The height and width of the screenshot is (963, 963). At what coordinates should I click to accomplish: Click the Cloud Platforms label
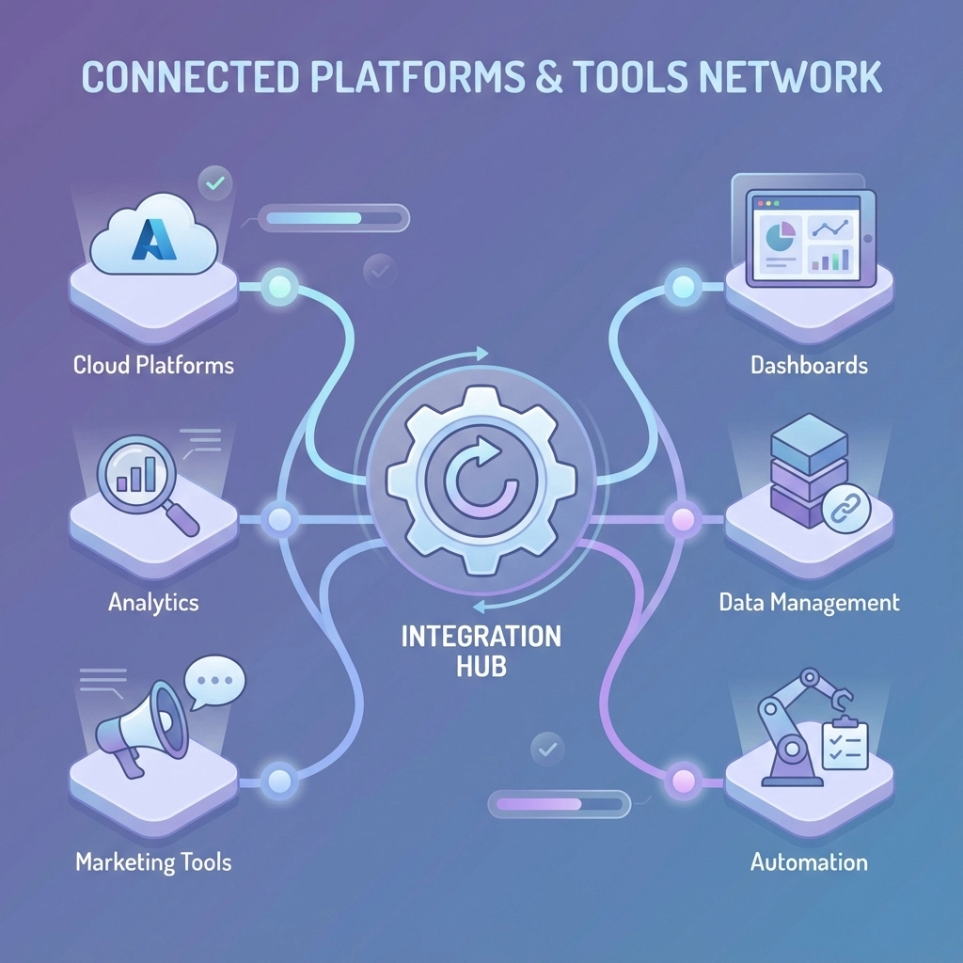click(153, 365)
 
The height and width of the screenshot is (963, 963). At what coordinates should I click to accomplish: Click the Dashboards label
click(809, 365)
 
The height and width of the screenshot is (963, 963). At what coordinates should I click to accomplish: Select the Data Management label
click(809, 602)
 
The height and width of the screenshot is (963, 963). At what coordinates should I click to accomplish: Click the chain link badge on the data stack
click(845, 508)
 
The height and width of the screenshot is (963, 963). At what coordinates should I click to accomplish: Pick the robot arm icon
click(799, 724)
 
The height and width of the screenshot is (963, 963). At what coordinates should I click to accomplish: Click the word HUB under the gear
click(481, 667)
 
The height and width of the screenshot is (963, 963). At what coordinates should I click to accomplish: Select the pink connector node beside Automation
click(681, 780)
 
